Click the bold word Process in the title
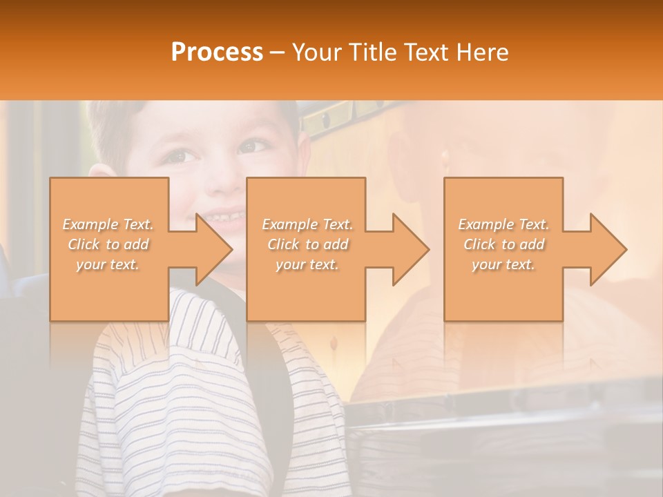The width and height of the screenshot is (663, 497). pyautogui.click(x=217, y=52)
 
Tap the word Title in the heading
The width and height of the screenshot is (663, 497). pyautogui.click(x=369, y=52)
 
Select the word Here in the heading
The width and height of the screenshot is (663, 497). pyautogui.click(x=482, y=52)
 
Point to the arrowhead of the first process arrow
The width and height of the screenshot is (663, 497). pyautogui.click(x=213, y=249)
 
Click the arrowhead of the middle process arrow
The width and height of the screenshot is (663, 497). pyautogui.click(x=410, y=249)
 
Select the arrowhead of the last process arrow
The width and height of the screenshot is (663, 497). pyautogui.click(x=608, y=249)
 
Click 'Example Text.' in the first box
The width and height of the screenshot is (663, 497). pyautogui.click(x=108, y=224)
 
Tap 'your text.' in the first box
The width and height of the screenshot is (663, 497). pyautogui.click(x=108, y=264)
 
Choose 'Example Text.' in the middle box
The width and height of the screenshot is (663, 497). pyautogui.click(x=307, y=224)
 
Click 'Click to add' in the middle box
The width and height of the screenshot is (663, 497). pyautogui.click(x=307, y=244)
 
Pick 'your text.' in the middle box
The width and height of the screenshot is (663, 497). pyautogui.click(x=307, y=264)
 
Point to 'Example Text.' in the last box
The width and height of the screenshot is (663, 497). pyautogui.click(x=503, y=224)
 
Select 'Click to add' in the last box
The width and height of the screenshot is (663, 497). pyautogui.click(x=503, y=244)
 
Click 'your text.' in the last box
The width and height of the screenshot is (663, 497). pyautogui.click(x=503, y=264)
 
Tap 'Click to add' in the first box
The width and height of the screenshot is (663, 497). pyautogui.click(x=108, y=244)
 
